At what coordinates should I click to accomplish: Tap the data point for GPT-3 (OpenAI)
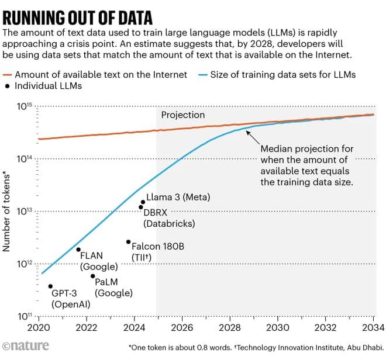(50, 286)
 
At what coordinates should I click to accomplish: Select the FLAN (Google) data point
(78, 250)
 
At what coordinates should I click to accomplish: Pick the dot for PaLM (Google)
(92, 276)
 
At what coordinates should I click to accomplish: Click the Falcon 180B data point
(128, 242)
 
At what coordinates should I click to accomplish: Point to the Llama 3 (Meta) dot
(143, 202)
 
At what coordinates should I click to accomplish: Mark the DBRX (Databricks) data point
(140, 207)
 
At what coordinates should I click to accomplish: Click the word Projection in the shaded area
(183, 115)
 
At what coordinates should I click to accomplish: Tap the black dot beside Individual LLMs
(8, 86)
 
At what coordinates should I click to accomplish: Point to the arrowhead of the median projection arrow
(247, 131)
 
